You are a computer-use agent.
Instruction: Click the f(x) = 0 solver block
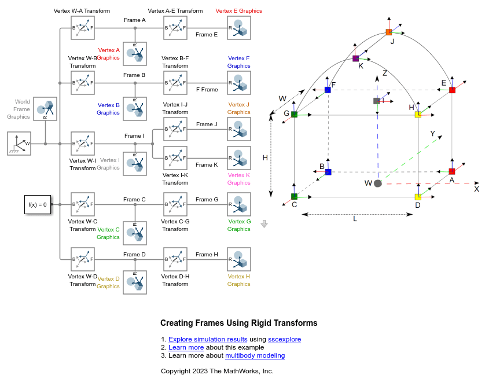click(x=38, y=204)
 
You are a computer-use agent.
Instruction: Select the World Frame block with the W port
click(x=19, y=144)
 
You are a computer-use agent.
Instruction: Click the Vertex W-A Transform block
click(x=83, y=28)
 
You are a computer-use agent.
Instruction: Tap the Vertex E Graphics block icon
click(x=239, y=28)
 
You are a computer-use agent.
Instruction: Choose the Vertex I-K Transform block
click(x=175, y=158)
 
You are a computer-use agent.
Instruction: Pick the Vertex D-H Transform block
click(x=175, y=259)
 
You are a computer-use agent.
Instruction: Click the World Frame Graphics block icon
click(x=45, y=109)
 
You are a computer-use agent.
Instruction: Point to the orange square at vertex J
click(x=389, y=32)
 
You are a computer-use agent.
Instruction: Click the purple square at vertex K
click(x=356, y=58)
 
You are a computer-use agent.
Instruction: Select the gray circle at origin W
click(x=378, y=183)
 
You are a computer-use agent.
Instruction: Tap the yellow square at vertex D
click(x=418, y=197)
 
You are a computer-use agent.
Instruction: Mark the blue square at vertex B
click(x=328, y=172)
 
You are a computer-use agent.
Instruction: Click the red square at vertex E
click(x=452, y=90)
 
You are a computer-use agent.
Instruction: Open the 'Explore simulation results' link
click(x=208, y=339)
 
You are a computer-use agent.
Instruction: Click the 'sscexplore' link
click(x=285, y=339)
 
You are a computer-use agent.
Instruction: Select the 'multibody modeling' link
click(x=255, y=355)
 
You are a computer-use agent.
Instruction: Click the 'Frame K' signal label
click(x=207, y=165)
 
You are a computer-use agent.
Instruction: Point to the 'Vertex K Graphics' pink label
click(x=239, y=179)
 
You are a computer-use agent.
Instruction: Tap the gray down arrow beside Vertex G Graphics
click(x=264, y=224)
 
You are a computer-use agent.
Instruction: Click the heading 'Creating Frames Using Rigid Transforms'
click(x=239, y=323)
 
